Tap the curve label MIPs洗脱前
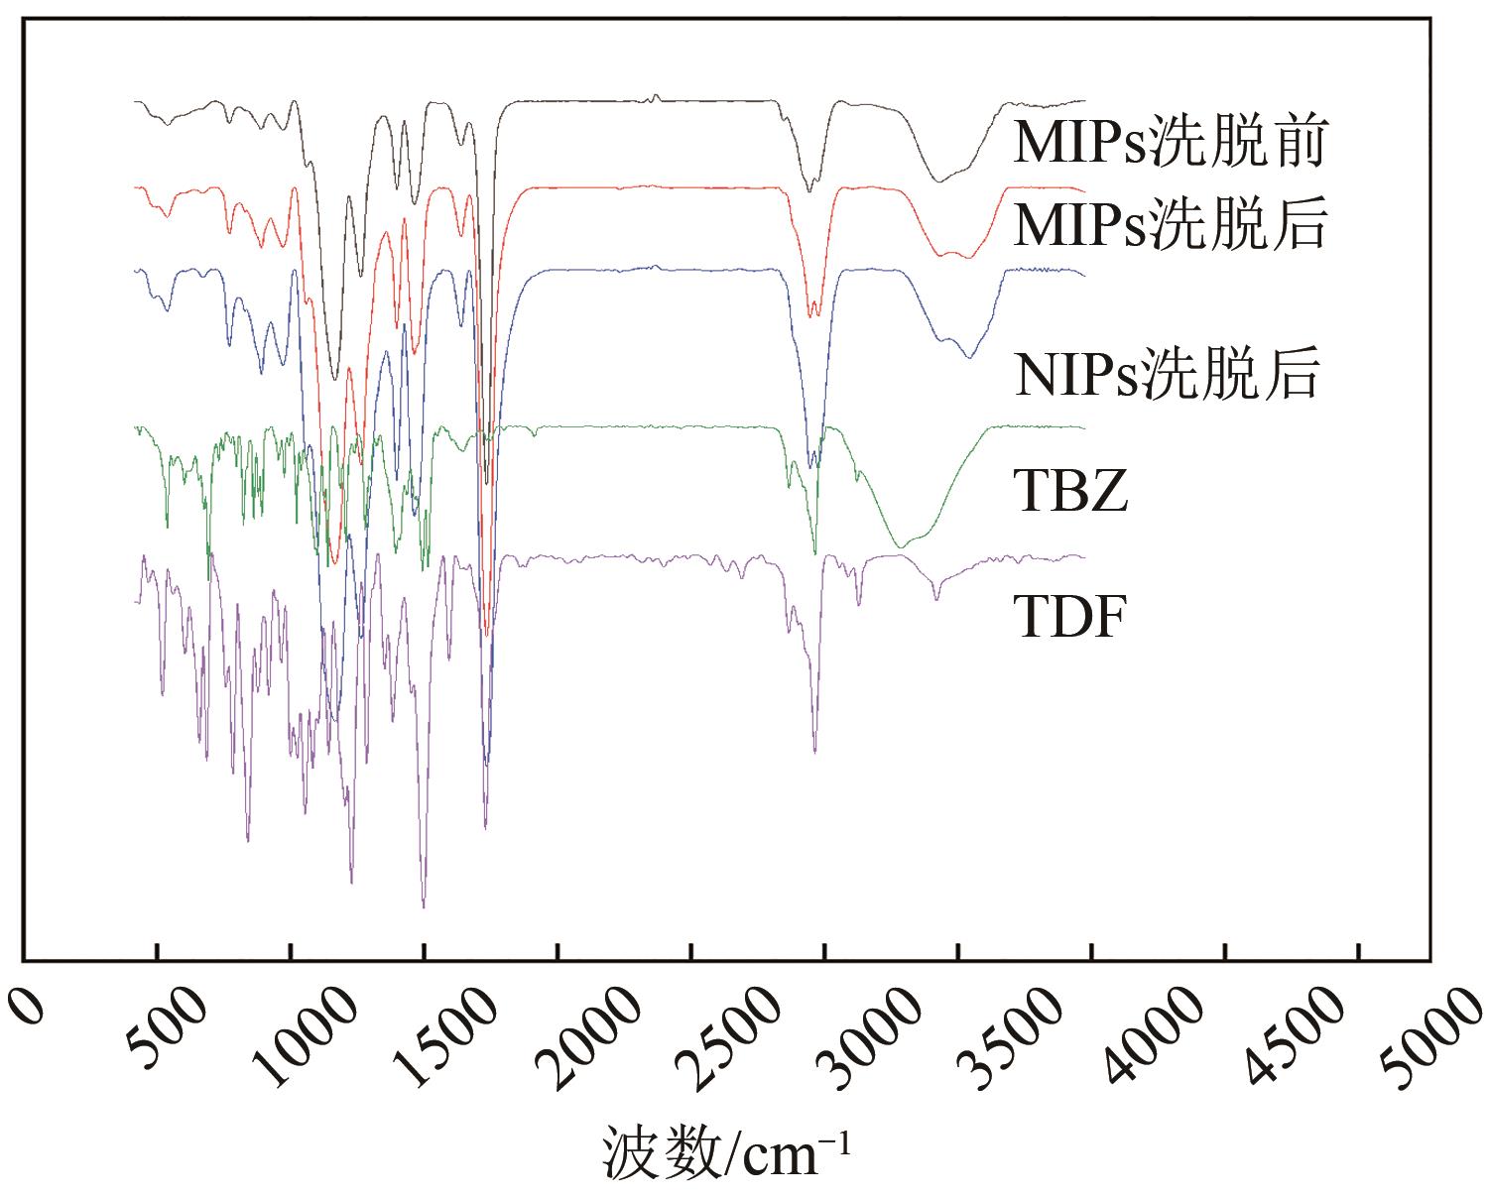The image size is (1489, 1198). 1170,145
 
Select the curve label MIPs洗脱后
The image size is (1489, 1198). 1170,227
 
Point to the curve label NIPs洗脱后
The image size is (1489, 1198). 1167,376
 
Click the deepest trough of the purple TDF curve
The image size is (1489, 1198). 424,905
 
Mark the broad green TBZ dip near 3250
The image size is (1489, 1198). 901,545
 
